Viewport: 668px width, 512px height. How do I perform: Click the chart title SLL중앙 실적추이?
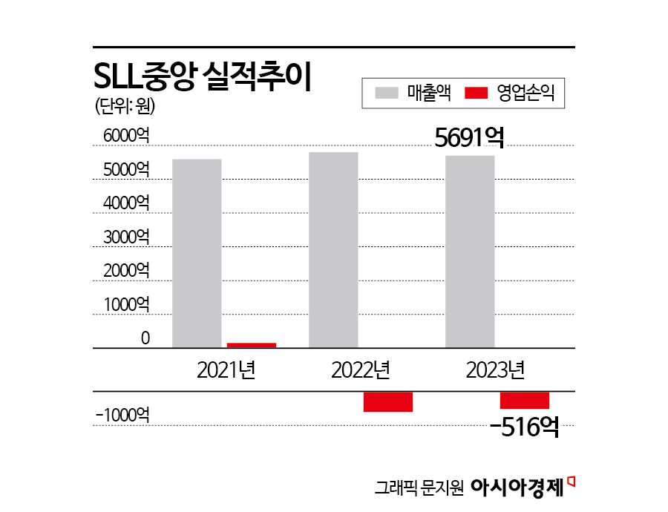[x=203, y=76]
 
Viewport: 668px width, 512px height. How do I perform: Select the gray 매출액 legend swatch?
[x=387, y=94]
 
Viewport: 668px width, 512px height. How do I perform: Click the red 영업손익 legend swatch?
[x=476, y=94]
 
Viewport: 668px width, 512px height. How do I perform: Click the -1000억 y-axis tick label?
[x=122, y=416]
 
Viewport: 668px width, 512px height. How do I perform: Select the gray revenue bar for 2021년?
[x=197, y=253]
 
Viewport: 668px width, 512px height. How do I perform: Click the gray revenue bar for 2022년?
[x=333, y=249]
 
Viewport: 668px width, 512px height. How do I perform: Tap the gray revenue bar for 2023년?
[x=470, y=252]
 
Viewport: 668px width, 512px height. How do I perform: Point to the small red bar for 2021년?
[x=252, y=345]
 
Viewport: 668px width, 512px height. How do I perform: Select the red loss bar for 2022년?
[x=387, y=401]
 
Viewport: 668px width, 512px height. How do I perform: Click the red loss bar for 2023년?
[x=524, y=400]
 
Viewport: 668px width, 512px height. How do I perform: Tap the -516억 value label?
[x=524, y=427]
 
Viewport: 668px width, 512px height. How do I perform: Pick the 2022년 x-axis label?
[x=361, y=369]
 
